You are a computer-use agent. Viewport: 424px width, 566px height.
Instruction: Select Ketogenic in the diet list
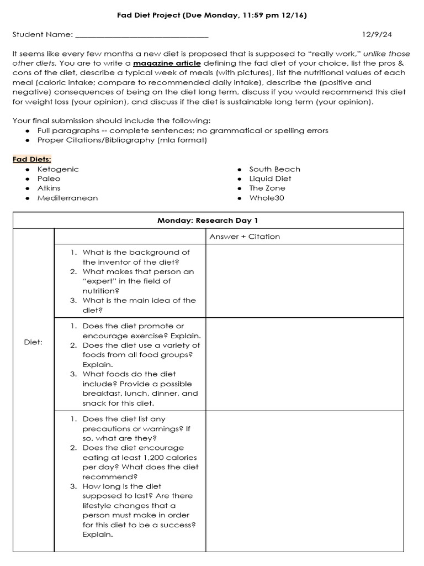pos(58,169)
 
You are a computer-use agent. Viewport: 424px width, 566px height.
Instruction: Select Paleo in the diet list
pos(49,179)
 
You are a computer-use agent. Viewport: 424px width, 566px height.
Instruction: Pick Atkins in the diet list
pos(49,188)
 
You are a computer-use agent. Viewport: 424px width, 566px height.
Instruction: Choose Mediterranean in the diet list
pos(67,198)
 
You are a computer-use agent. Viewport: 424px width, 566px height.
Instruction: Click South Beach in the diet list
pos(274,169)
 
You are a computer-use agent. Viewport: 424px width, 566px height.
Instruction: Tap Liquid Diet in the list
pos(270,179)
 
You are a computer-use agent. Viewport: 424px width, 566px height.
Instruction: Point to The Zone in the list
pos(267,188)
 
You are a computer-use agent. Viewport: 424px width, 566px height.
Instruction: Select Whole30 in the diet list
pos(267,198)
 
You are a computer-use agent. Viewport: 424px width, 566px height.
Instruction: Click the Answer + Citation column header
pos(245,237)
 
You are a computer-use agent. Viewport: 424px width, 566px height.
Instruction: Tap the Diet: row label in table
pos(33,342)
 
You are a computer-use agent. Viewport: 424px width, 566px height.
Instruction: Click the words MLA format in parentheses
pos(184,140)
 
